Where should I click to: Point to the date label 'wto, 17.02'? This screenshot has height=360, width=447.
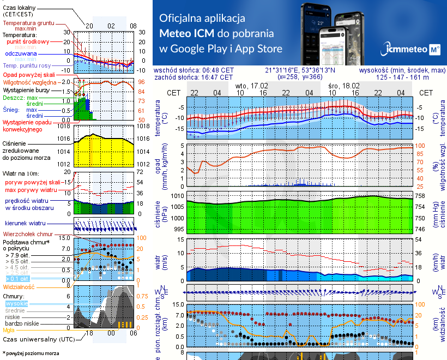pos(252,86)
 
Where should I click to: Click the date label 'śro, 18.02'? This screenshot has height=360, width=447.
pos(344,86)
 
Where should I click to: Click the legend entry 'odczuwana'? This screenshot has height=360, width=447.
pos(21,54)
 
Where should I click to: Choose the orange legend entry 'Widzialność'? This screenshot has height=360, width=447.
pos(19,286)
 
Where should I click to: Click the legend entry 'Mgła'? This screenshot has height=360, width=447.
pos(9,330)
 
